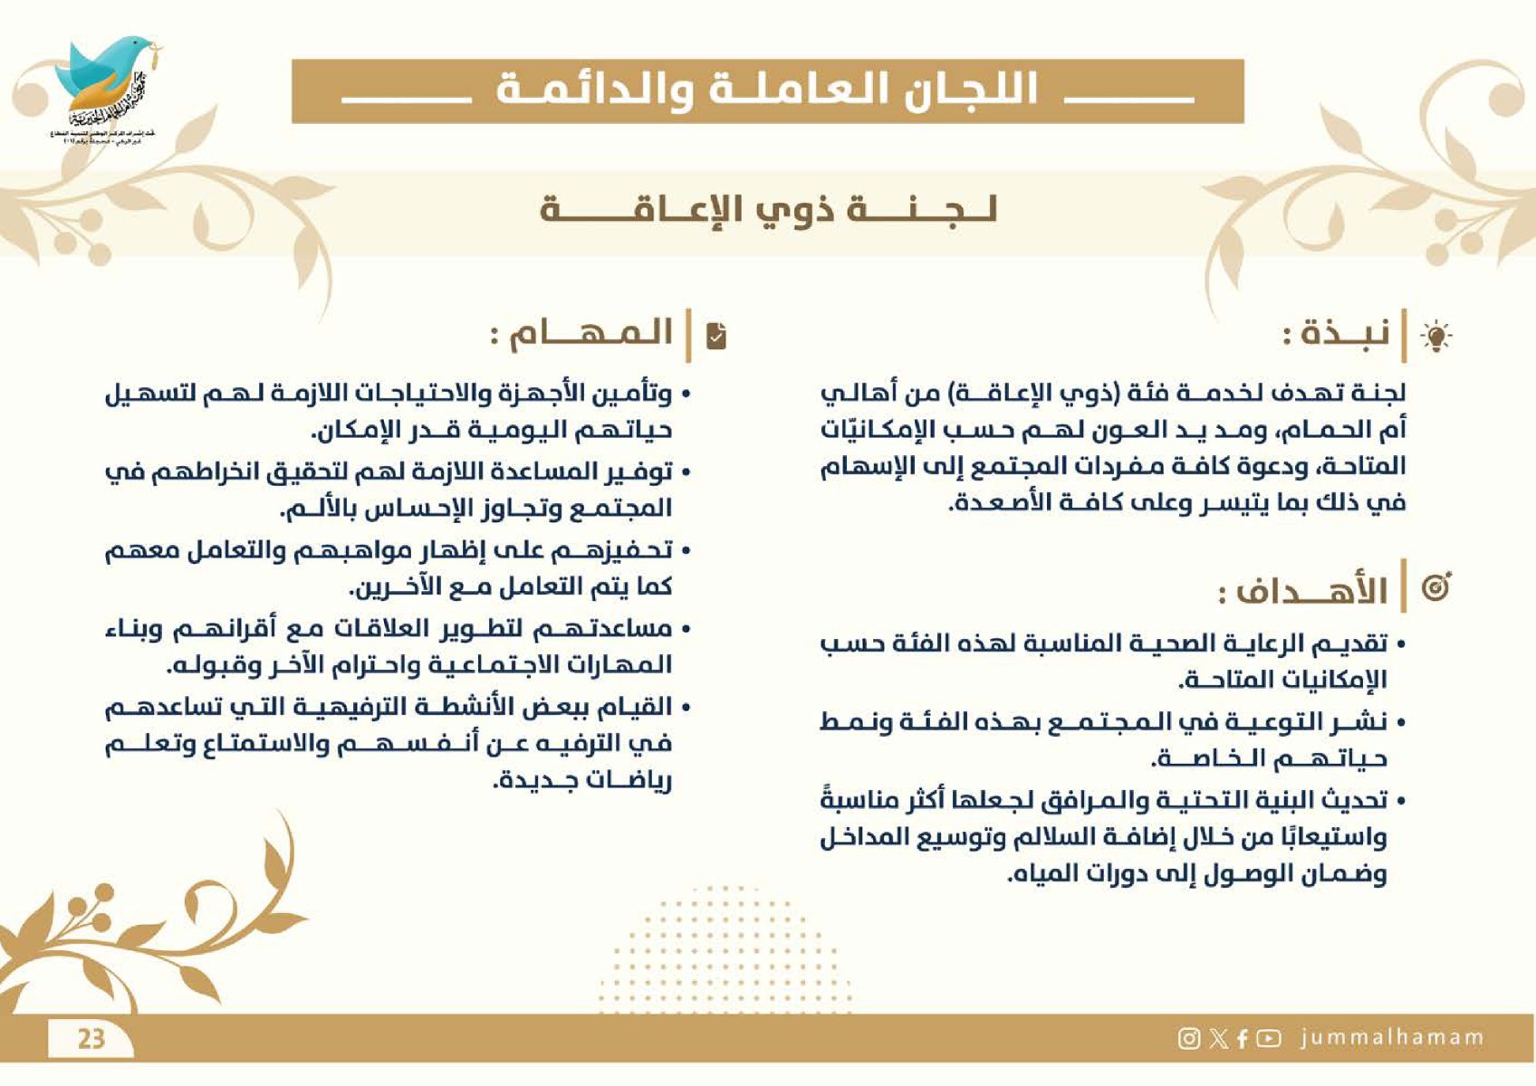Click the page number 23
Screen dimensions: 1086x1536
point(91,1037)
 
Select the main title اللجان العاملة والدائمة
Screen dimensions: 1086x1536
point(767,90)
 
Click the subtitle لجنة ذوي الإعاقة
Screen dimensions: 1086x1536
point(768,210)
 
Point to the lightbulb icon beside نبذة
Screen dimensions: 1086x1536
point(1435,336)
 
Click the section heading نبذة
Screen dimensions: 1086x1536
point(1336,334)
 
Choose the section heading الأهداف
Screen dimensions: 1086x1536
point(1304,592)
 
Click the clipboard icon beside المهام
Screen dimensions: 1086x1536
point(716,336)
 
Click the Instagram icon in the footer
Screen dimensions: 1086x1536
point(1188,1038)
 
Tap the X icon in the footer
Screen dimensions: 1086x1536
point(1218,1038)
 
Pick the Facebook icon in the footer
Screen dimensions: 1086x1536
point(1242,1038)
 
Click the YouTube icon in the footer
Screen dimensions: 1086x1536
point(1269,1038)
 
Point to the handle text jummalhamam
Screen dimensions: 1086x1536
point(1392,1037)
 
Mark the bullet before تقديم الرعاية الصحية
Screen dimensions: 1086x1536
point(1400,645)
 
